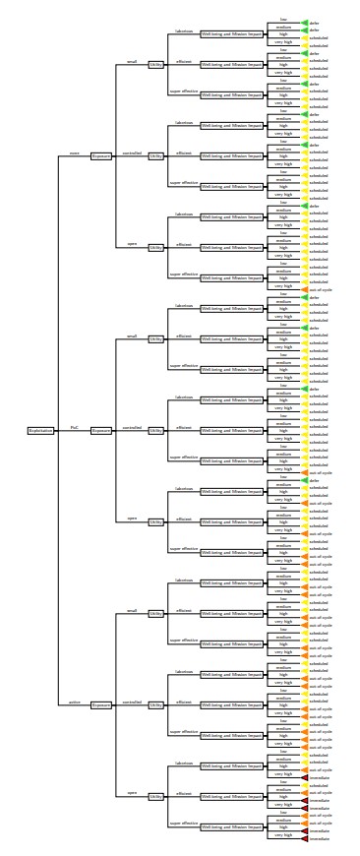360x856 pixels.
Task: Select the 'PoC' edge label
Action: tap(74, 427)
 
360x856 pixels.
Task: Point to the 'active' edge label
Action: tap(74, 702)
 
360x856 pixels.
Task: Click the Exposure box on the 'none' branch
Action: tap(102, 155)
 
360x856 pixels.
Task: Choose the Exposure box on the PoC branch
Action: tap(102, 430)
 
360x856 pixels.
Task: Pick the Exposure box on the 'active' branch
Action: tap(102, 704)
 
